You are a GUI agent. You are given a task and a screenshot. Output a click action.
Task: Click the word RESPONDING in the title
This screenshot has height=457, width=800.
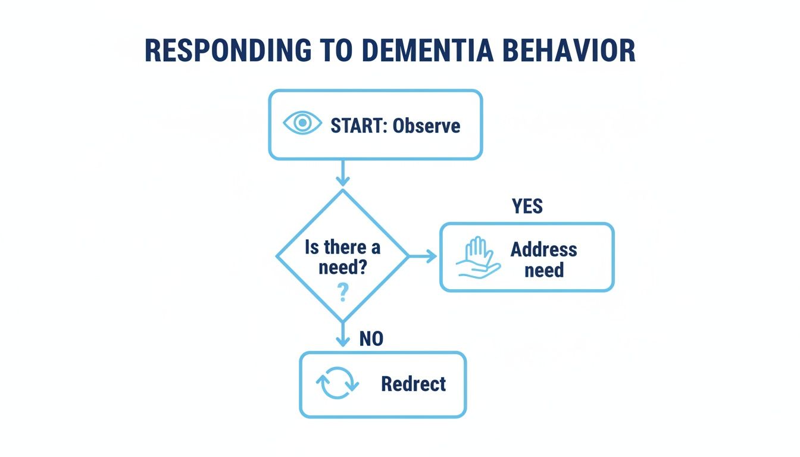point(228,52)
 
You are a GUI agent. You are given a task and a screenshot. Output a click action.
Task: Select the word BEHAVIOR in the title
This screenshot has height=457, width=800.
point(569,52)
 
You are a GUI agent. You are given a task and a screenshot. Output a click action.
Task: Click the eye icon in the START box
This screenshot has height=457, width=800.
point(302,123)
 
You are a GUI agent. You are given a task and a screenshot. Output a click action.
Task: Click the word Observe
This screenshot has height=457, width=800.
point(426,126)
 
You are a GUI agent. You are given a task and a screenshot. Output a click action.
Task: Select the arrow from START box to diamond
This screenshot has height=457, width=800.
point(342,174)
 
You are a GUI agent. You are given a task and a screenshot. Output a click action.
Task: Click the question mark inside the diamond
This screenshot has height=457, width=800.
point(342,293)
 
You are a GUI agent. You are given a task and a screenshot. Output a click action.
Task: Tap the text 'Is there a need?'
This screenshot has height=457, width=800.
point(342,257)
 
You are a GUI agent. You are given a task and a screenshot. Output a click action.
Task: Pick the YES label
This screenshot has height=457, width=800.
point(527,206)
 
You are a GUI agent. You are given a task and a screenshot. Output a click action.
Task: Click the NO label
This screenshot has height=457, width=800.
point(371,339)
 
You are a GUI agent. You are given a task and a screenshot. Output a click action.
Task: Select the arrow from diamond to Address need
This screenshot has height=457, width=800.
point(423,256)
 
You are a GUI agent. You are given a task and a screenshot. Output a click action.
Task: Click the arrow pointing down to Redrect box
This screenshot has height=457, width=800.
point(342,336)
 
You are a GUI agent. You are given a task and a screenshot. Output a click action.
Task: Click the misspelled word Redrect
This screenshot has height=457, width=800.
point(413,384)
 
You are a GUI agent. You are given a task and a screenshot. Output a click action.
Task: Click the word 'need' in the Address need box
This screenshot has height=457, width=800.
point(543,270)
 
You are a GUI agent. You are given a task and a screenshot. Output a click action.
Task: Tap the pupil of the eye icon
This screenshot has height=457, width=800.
point(302,123)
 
